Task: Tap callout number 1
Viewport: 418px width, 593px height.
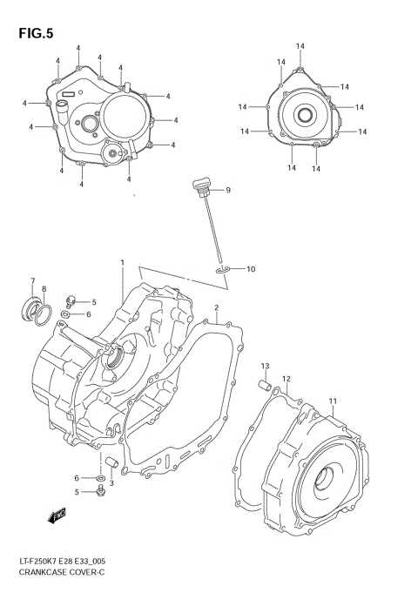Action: coord(123,262)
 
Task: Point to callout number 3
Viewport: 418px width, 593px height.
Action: coord(111,483)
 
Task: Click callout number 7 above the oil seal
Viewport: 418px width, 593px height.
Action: coord(33,281)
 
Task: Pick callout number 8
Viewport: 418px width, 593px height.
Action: coord(44,289)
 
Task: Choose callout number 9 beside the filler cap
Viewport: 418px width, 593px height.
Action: coord(227,190)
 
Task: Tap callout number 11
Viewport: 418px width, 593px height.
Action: coord(332,401)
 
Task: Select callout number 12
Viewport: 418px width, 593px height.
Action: coord(286,379)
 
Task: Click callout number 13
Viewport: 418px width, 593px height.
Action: coord(266,366)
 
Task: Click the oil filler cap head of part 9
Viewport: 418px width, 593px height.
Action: coord(201,185)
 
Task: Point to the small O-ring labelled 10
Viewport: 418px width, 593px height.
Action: coord(222,272)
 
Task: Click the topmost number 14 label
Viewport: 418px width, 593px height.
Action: coord(300,46)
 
